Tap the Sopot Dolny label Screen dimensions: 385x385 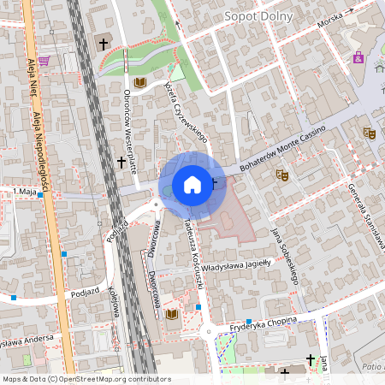258,16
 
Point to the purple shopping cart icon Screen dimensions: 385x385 44,60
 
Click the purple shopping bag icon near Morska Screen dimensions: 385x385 358,58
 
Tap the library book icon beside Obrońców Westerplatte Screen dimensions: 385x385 140,82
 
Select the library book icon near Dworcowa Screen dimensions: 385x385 172,316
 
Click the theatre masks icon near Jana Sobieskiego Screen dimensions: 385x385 281,175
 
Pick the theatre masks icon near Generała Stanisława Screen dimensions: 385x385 370,133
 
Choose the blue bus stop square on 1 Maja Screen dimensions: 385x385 40,195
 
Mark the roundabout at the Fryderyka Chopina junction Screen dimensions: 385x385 207,332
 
